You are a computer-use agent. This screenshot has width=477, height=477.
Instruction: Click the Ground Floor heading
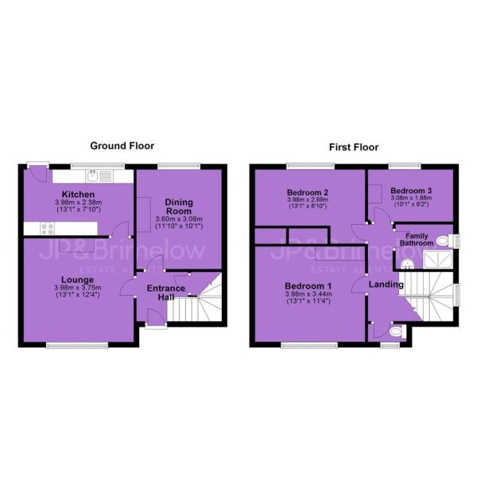pyautogui.click(x=122, y=146)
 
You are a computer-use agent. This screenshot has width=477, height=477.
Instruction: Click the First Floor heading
pyautogui.click(x=354, y=148)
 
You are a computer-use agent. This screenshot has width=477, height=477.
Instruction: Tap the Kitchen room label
pyautogui.click(x=78, y=195)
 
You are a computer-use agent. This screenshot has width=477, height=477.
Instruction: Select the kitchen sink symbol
pyautogui.click(x=93, y=176)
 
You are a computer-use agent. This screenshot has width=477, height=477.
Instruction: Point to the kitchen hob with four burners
pyautogui.click(x=47, y=228)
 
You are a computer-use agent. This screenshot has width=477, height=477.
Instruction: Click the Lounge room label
pyautogui.click(x=78, y=280)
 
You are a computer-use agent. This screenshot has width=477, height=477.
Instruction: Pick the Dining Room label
pyautogui.click(x=179, y=207)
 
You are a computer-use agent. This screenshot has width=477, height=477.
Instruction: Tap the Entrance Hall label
pyautogui.click(x=166, y=293)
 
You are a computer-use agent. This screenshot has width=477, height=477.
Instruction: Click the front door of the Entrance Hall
pyautogui.click(x=156, y=317)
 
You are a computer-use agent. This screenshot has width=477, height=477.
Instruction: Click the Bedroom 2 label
pyautogui.click(x=308, y=192)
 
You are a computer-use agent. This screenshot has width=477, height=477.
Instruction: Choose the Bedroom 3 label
pyautogui.click(x=411, y=191)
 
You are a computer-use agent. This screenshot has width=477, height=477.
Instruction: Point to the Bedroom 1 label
pyautogui.click(x=308, y=286)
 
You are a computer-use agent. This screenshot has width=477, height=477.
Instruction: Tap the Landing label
pyautogui.click(x=386, y=285)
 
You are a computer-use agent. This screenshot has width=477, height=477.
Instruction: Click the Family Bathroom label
pyautogui.click(x=417, y=239)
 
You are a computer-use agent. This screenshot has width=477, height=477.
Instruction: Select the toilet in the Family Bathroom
pyautogui.click(x=444, y=241)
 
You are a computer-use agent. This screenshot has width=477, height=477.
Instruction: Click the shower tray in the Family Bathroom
pyautogui.click(x=438, y=259)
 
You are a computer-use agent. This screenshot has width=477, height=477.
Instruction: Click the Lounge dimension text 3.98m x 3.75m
pyautogui.click(x=78, y=288)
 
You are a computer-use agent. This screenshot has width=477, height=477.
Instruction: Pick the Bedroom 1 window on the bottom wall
pyautogui.click(x=309, y=345)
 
